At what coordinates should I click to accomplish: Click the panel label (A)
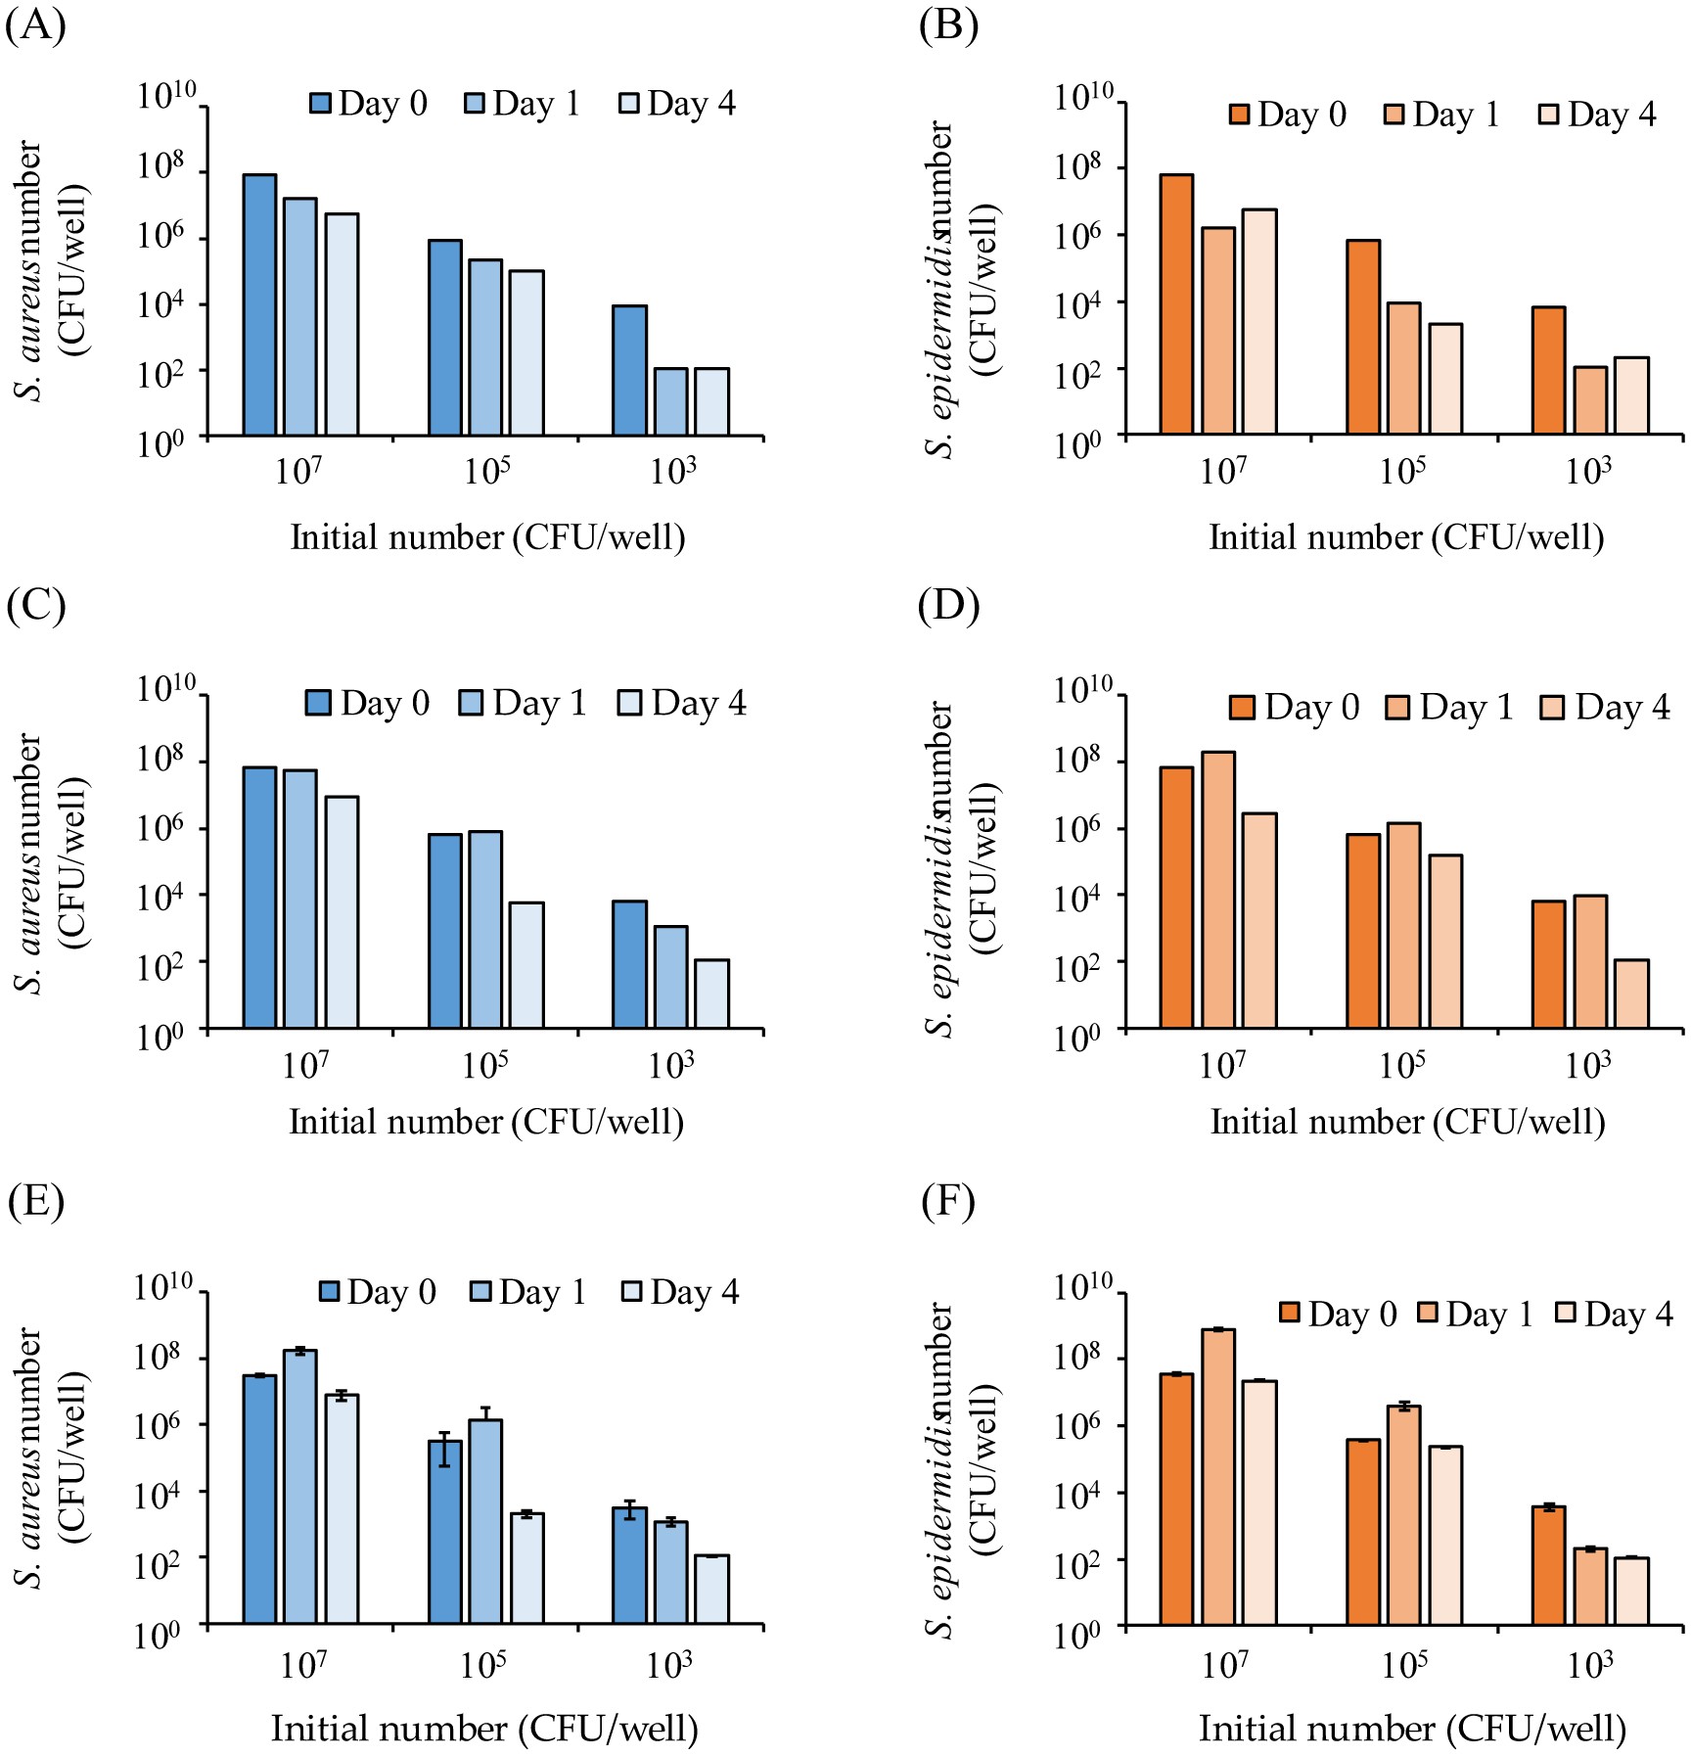tap(36, 24)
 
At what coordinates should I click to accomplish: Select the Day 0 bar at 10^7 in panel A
tap(259, 304)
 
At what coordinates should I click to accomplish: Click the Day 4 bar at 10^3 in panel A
tap(712, 401)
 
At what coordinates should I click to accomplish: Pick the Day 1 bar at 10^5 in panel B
tap(1403, 368)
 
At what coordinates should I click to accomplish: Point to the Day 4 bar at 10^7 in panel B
tap(1259, 321)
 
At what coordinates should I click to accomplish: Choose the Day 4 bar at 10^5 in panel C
tap(526, 964)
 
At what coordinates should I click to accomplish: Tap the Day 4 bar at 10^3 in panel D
tap(1631, 994)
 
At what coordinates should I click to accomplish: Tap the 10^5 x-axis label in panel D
tap(1403, 1065)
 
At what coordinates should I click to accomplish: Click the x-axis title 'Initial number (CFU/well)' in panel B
tap(1406, 537)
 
